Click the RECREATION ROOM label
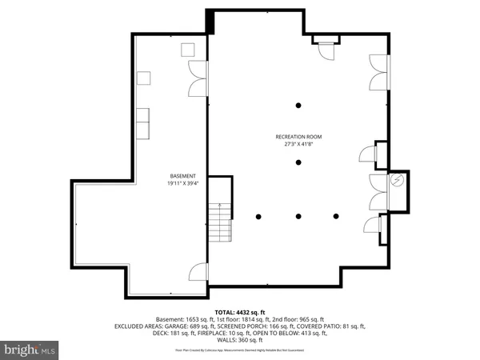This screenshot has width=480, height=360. tap(298, 138)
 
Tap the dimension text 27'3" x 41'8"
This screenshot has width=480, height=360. tap(298, 146)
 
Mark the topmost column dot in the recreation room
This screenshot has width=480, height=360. tap(298, 105)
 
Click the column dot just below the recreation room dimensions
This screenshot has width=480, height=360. tap(298, 162)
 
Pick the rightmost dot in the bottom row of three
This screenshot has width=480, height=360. tap(338, 216)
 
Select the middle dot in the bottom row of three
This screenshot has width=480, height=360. tap(298, 216)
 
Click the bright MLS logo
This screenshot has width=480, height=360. tap(30, 350)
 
